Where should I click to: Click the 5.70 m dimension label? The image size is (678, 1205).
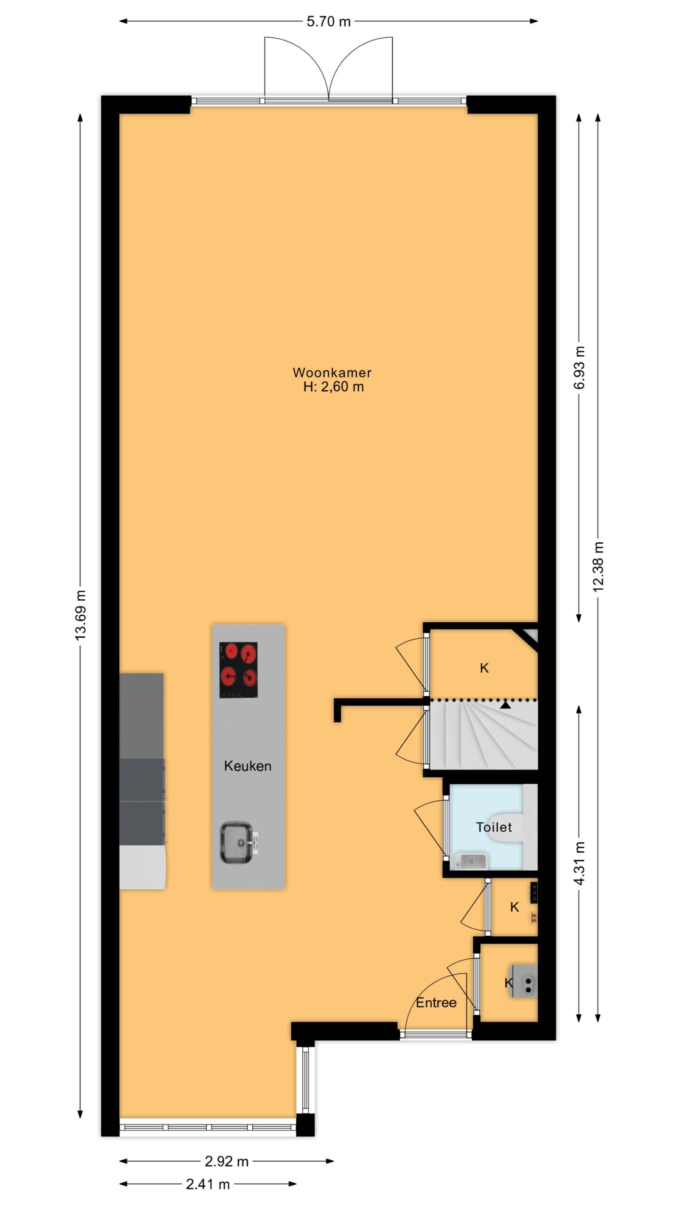pos(329,22)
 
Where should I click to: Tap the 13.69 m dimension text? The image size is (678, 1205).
pos(81,615)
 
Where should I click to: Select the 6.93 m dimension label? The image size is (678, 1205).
pos(579,368)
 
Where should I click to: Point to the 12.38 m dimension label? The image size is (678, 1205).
pos(598,566)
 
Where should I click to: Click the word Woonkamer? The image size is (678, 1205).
pos(332,372)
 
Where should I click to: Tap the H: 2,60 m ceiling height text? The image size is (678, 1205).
pos(333,387)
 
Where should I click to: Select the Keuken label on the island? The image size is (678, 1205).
pos(248,766)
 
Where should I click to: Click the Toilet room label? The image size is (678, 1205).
pos(494,827)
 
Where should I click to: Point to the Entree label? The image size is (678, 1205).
pos(436,1003)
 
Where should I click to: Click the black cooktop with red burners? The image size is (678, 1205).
pos(238,670)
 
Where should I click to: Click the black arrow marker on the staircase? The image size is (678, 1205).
pos(506,705)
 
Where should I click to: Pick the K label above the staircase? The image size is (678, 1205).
pos(484,668)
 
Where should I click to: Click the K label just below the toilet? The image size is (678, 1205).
pos(514,907)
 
